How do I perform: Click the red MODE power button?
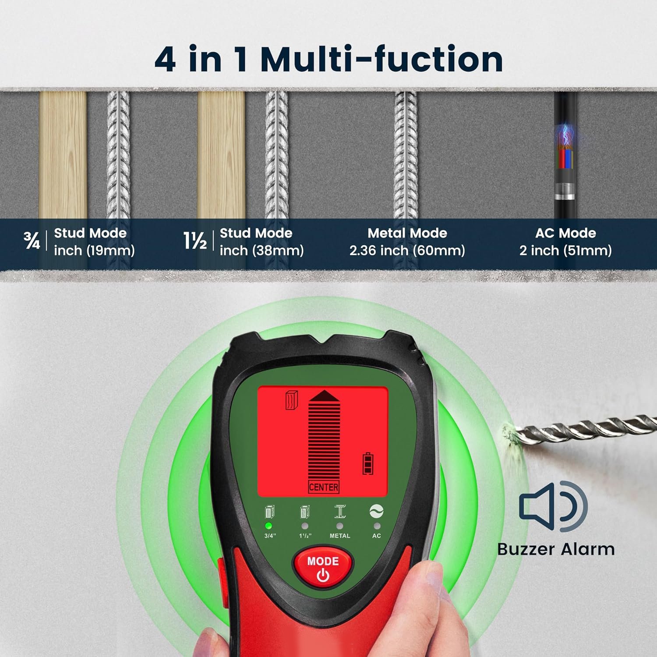pos(323,568)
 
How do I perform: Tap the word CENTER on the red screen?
pos(324,487)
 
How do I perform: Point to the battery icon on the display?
pos(368,463)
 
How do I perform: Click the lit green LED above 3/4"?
pos(268,526)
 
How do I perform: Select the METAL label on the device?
pos(340,536)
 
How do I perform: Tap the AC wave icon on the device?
pos(376,511)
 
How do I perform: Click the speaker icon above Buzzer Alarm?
pos(553,506)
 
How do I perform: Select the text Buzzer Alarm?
pos(556,549)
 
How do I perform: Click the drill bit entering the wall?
pos(583,429)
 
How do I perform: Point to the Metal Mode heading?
pos(407,233)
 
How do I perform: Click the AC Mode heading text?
pos(565,233)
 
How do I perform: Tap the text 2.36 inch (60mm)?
pos(407,251)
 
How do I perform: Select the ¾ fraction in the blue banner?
pos(32,241)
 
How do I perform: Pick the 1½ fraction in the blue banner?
pos(195,241)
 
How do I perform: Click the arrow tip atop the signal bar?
pos(324,395)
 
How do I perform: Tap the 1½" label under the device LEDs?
pos(305,536)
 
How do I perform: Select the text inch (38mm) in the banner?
pos(261,251)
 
